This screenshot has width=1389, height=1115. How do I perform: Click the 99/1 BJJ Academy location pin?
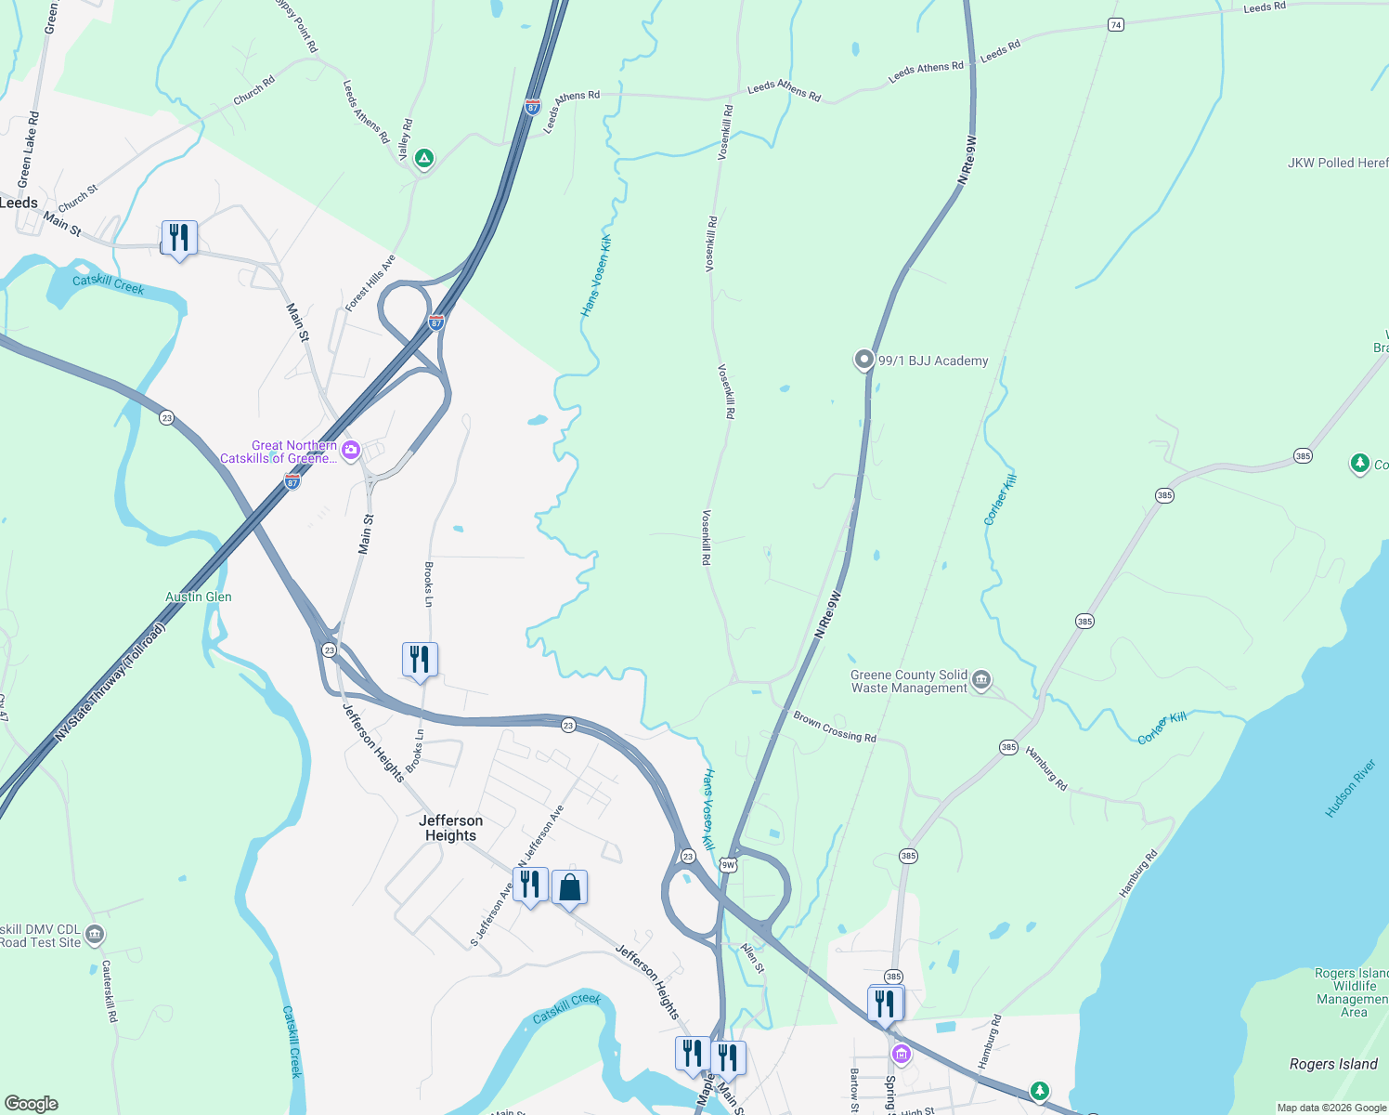pos(864,360)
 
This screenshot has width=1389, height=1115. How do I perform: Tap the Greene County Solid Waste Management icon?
pos(981,682)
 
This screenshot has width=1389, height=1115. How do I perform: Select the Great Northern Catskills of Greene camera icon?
pos(351,451)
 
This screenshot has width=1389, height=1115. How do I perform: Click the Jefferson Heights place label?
pos(450,828)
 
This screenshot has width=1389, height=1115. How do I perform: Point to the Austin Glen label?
pos(199,597)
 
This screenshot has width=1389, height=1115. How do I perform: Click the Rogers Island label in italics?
pos(1333,1064)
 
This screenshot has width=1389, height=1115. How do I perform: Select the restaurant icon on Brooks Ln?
pos(420,660)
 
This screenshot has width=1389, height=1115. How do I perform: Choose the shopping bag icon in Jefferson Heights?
pos(569,887)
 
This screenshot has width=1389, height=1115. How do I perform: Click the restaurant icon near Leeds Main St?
pos(179,238)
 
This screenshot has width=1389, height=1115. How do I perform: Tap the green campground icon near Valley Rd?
pos(424,159)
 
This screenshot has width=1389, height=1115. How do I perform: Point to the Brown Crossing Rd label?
pos(835,726)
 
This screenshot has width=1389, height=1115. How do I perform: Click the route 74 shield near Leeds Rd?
pos(1116,25)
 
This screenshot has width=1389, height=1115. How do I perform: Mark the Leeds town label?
pos(19,203)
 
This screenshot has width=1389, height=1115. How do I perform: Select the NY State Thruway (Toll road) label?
pos(110,682)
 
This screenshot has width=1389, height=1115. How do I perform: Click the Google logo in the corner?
pos(32,1104)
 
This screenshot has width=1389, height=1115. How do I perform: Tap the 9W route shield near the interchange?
pos(728,865)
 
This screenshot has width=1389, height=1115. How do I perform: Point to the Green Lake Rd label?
pos(29,149)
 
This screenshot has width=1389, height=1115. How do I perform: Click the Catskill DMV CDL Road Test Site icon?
pos(95,935)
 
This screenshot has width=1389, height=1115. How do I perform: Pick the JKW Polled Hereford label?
pos(1337,163)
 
